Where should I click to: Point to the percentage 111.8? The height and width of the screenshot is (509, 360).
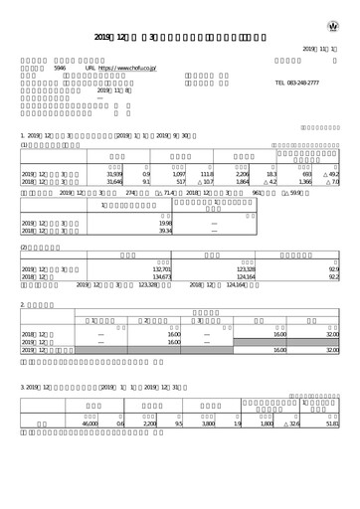coord(207,174)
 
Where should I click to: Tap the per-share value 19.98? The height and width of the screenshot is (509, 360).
coord(165,224)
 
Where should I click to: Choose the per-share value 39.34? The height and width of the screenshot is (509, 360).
coord(165,232)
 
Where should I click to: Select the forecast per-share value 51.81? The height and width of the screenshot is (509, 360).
coord(332,424)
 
